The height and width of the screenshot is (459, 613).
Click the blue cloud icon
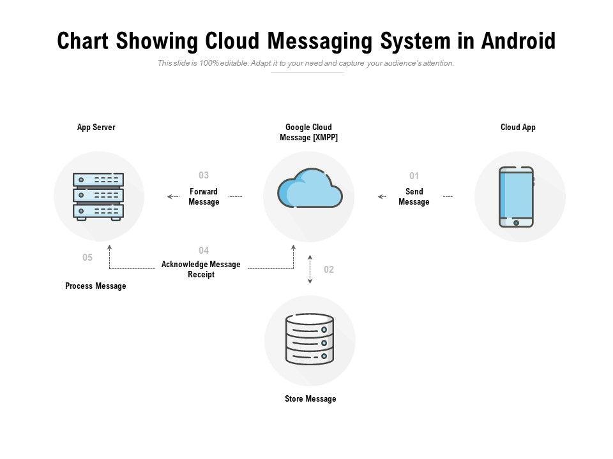[310, 188]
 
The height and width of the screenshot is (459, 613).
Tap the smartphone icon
[516, 196]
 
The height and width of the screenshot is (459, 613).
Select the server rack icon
[98, 196]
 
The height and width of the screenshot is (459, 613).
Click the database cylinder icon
[310, 339]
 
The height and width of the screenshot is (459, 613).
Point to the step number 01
[414, 176]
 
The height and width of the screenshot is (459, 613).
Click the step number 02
[329, 270]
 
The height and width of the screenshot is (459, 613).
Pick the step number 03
[204, 175]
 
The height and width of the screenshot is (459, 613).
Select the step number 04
[204, 251]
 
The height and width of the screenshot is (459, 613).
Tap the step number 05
[87, 258]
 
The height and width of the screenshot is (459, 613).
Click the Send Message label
[414, 197]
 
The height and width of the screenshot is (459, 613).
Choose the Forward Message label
[204, 197]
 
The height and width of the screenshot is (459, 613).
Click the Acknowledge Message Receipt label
[201, 270]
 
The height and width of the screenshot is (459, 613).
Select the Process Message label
[96, 286]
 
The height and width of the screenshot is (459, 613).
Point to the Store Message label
[310, 399]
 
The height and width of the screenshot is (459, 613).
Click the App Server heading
[96, 127]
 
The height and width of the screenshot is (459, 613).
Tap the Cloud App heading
[518, 127]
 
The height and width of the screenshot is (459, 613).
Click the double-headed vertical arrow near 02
[310, 269]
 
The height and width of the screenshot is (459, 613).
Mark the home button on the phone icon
[516, 222]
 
